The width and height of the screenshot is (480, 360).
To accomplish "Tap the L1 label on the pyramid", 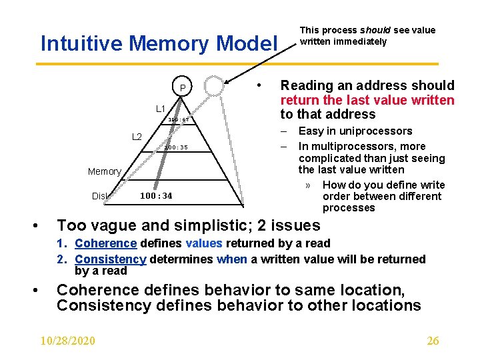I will point(161,109).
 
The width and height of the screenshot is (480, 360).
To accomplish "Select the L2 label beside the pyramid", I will point(137,137).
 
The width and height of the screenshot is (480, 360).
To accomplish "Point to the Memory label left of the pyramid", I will point(105,171).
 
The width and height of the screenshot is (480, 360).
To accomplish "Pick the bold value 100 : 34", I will point(156,196).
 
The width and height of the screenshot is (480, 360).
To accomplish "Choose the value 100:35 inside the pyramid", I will point(177,147).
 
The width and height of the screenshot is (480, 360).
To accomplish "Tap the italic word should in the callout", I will point(372,30).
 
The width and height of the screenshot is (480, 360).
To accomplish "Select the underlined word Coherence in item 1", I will point(105,243).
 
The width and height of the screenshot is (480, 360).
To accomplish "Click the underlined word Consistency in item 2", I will point(110,259).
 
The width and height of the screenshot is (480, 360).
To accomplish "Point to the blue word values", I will point(205,243).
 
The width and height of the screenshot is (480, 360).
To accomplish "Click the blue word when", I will point(232,259).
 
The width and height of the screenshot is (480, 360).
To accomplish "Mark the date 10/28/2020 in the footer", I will point(67,341).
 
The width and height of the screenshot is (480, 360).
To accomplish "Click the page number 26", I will point(433,341).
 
